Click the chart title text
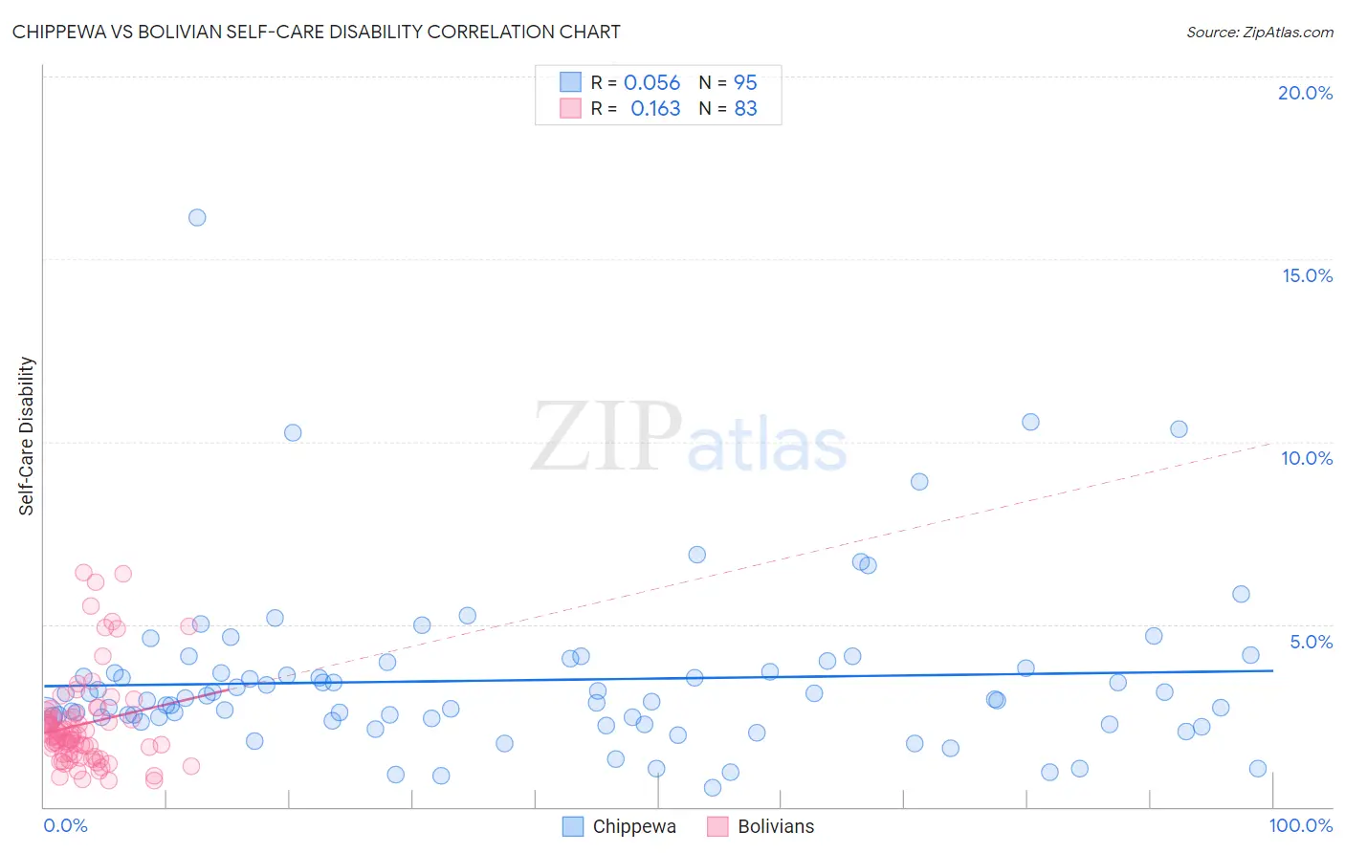click(316, 32)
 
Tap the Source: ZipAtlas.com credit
click(1259, 32)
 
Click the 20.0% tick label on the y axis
click(1305, 93)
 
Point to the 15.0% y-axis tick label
click(1307, 275)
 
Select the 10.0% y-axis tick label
click(1307, 458)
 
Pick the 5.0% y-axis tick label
click(1311, 642)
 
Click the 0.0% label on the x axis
click(65, 825)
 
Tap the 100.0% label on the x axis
click(1300, 825)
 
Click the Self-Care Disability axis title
click(27, 436)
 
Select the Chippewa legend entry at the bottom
click(633, 826)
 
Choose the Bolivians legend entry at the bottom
click(775, 826)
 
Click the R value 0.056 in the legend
click(651, 82)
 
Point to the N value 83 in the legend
click(745, 108)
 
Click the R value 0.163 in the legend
click(655, 108)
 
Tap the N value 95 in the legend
click(745, 82)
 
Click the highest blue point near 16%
click(197, 217)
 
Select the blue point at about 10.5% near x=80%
click(1030, 422)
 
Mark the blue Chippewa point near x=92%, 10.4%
click(1179, 429)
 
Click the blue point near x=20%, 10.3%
click(293, 432)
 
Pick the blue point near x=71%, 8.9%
click(919, 482)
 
